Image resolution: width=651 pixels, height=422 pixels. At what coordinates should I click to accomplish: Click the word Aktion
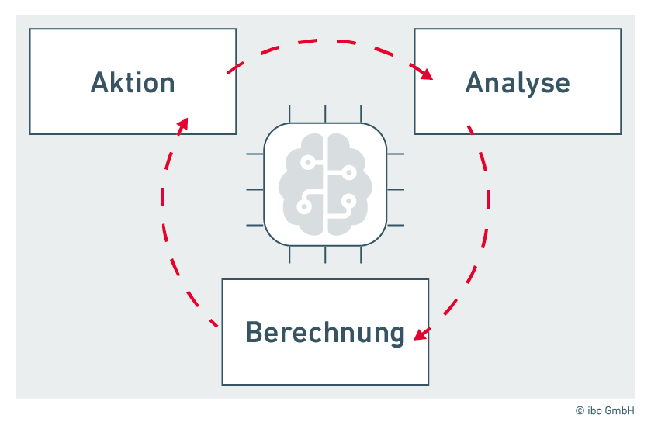[x=133, y=82]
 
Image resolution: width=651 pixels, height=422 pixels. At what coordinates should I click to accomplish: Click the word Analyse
[x=518, y=82]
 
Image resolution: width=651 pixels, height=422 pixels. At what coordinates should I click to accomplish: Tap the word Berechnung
[x=325, y=332]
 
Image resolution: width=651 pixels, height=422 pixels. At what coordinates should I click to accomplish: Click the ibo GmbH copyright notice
[x=605, y=410]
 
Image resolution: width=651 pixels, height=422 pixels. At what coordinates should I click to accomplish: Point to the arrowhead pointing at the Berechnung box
[x=420, y=334]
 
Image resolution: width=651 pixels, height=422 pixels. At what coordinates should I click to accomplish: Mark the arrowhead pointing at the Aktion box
[x=182, y=123]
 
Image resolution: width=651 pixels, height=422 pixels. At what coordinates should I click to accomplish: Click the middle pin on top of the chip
[x=326, y=114]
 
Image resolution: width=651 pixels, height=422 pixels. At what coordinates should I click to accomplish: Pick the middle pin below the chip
[x=326, y=255]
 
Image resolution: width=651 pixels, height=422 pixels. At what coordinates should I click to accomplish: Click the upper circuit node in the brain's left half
[x=308, y=163]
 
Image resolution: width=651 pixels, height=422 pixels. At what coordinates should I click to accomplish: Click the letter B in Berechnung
[x=253, y=332]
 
